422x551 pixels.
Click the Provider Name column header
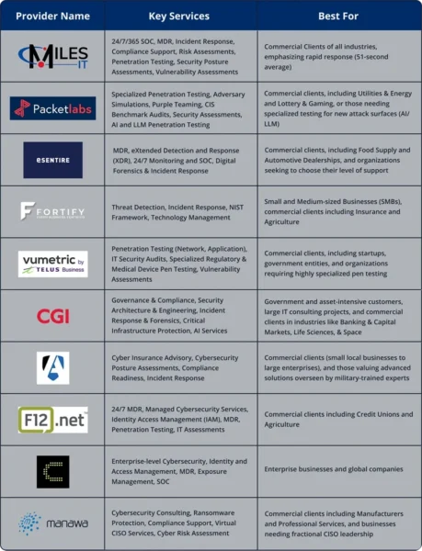(x=52, y=16)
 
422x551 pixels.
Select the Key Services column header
(x=178, y=16)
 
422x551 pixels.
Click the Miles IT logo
(x=52, y=55)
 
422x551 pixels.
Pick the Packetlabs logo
(x=52, y=108)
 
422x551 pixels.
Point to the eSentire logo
(x=52, y=160)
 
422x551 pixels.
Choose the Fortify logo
(x=52, y=211)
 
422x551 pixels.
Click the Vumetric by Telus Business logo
(x=52, y=264)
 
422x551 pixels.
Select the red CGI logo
(x=52, y=316)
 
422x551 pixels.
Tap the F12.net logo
(x=52, y=421)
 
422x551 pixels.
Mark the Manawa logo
(x=52, y=523)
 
